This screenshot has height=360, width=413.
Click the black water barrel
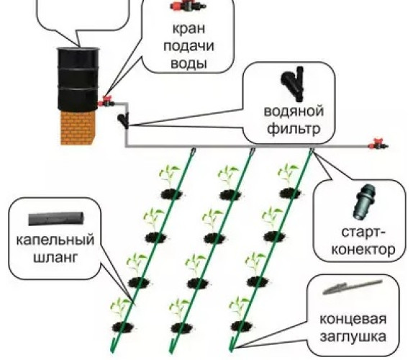(78, 79)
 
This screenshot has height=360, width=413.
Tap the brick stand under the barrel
(78, 127)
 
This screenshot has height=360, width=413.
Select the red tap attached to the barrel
(106, 102)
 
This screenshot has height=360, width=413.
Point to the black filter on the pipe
(124, 120)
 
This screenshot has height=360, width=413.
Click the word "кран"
(189, 28)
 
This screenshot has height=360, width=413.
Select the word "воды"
(189, 63)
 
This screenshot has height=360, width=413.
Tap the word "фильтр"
(294, 129)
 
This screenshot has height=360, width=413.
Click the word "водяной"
(294, 111)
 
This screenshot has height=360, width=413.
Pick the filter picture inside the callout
(292, 84)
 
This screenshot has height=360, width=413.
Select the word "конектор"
(363, 249)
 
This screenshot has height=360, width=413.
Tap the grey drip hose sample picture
(56, 219)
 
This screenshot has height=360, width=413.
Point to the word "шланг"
(55, 258)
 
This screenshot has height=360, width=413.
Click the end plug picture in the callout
(352, 287)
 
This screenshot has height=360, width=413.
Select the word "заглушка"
(353, 337)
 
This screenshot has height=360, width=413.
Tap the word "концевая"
(353, 319)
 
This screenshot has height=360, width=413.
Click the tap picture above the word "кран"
(189, 6)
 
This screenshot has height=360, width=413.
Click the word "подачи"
(189, 46)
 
